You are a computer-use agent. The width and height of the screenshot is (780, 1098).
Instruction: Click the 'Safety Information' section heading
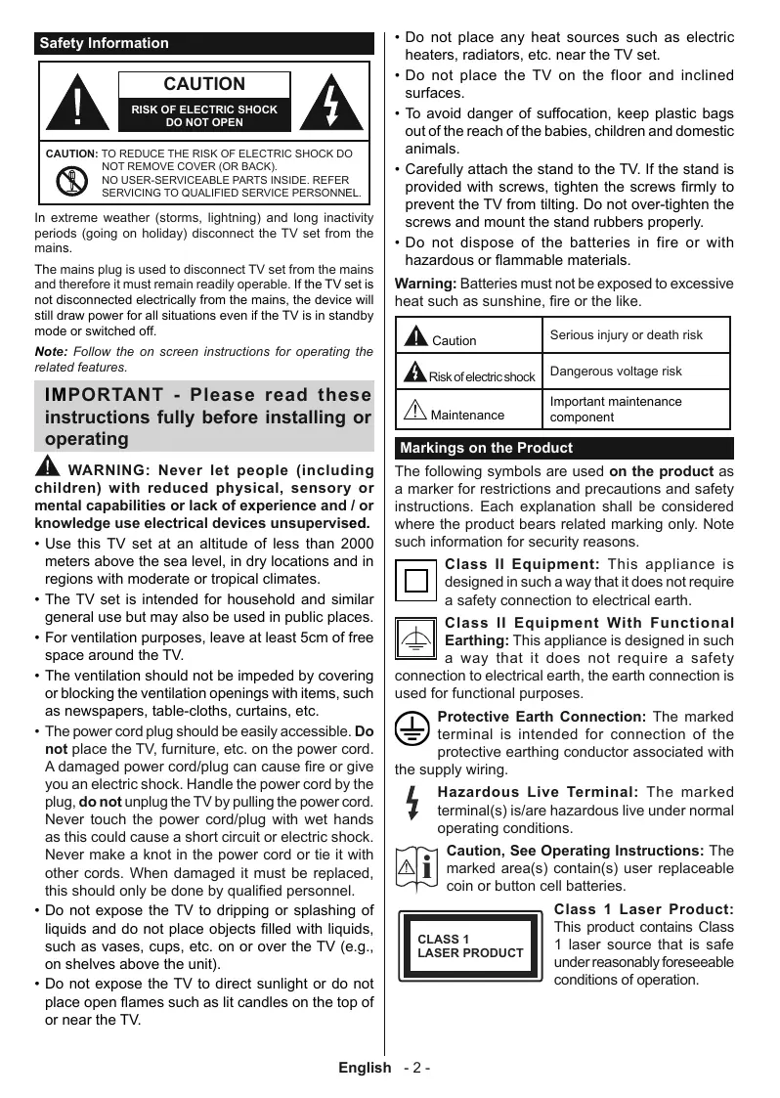104,43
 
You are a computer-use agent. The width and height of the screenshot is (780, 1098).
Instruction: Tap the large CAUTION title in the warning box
204,84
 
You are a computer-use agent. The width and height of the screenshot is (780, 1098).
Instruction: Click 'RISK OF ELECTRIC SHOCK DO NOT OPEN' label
204,116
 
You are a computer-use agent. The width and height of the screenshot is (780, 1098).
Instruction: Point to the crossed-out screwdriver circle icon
70,181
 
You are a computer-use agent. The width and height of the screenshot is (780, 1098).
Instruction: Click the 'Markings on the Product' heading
487,448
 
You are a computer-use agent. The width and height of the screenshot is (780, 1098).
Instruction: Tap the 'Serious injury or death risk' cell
626,334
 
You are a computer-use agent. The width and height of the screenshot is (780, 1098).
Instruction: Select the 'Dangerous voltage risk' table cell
616,371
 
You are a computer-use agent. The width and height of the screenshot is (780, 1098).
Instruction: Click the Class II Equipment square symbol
416,581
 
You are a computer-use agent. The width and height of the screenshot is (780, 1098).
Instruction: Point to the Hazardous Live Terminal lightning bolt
413,802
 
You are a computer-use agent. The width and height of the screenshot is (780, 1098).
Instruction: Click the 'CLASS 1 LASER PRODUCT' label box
469,945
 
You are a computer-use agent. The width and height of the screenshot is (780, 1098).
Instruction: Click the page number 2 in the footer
416,1068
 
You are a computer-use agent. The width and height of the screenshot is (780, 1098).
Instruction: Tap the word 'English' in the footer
365,1068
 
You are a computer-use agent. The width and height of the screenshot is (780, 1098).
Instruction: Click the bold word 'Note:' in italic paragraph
51,352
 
